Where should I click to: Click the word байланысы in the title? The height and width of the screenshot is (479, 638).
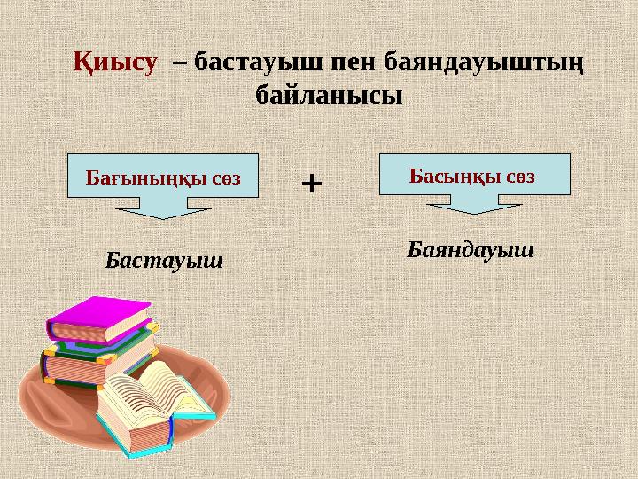328,92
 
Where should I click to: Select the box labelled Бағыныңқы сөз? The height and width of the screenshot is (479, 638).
162,175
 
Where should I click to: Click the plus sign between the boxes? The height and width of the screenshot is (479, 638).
312,184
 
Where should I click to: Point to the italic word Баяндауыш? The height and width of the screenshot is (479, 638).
471,249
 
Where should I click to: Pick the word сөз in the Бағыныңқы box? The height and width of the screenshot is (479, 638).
226,177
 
